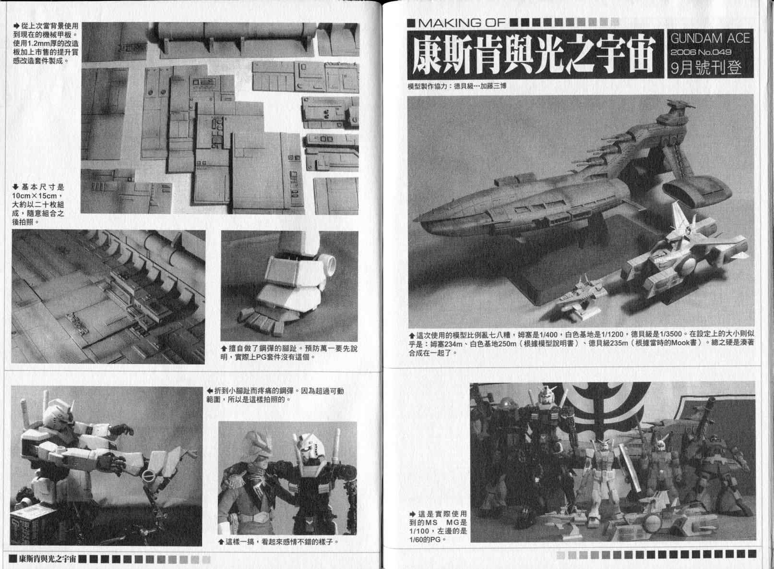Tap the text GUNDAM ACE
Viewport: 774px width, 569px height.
tap(710, 38)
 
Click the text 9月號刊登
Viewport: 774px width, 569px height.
tap(706, 68)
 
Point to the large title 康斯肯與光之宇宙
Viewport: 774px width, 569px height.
tap(535, 54)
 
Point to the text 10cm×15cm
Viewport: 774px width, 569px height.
tap(34, 196)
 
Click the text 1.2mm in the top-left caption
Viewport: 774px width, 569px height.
tap(38, 44)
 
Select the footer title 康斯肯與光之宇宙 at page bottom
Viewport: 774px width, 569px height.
tap(48, 559)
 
